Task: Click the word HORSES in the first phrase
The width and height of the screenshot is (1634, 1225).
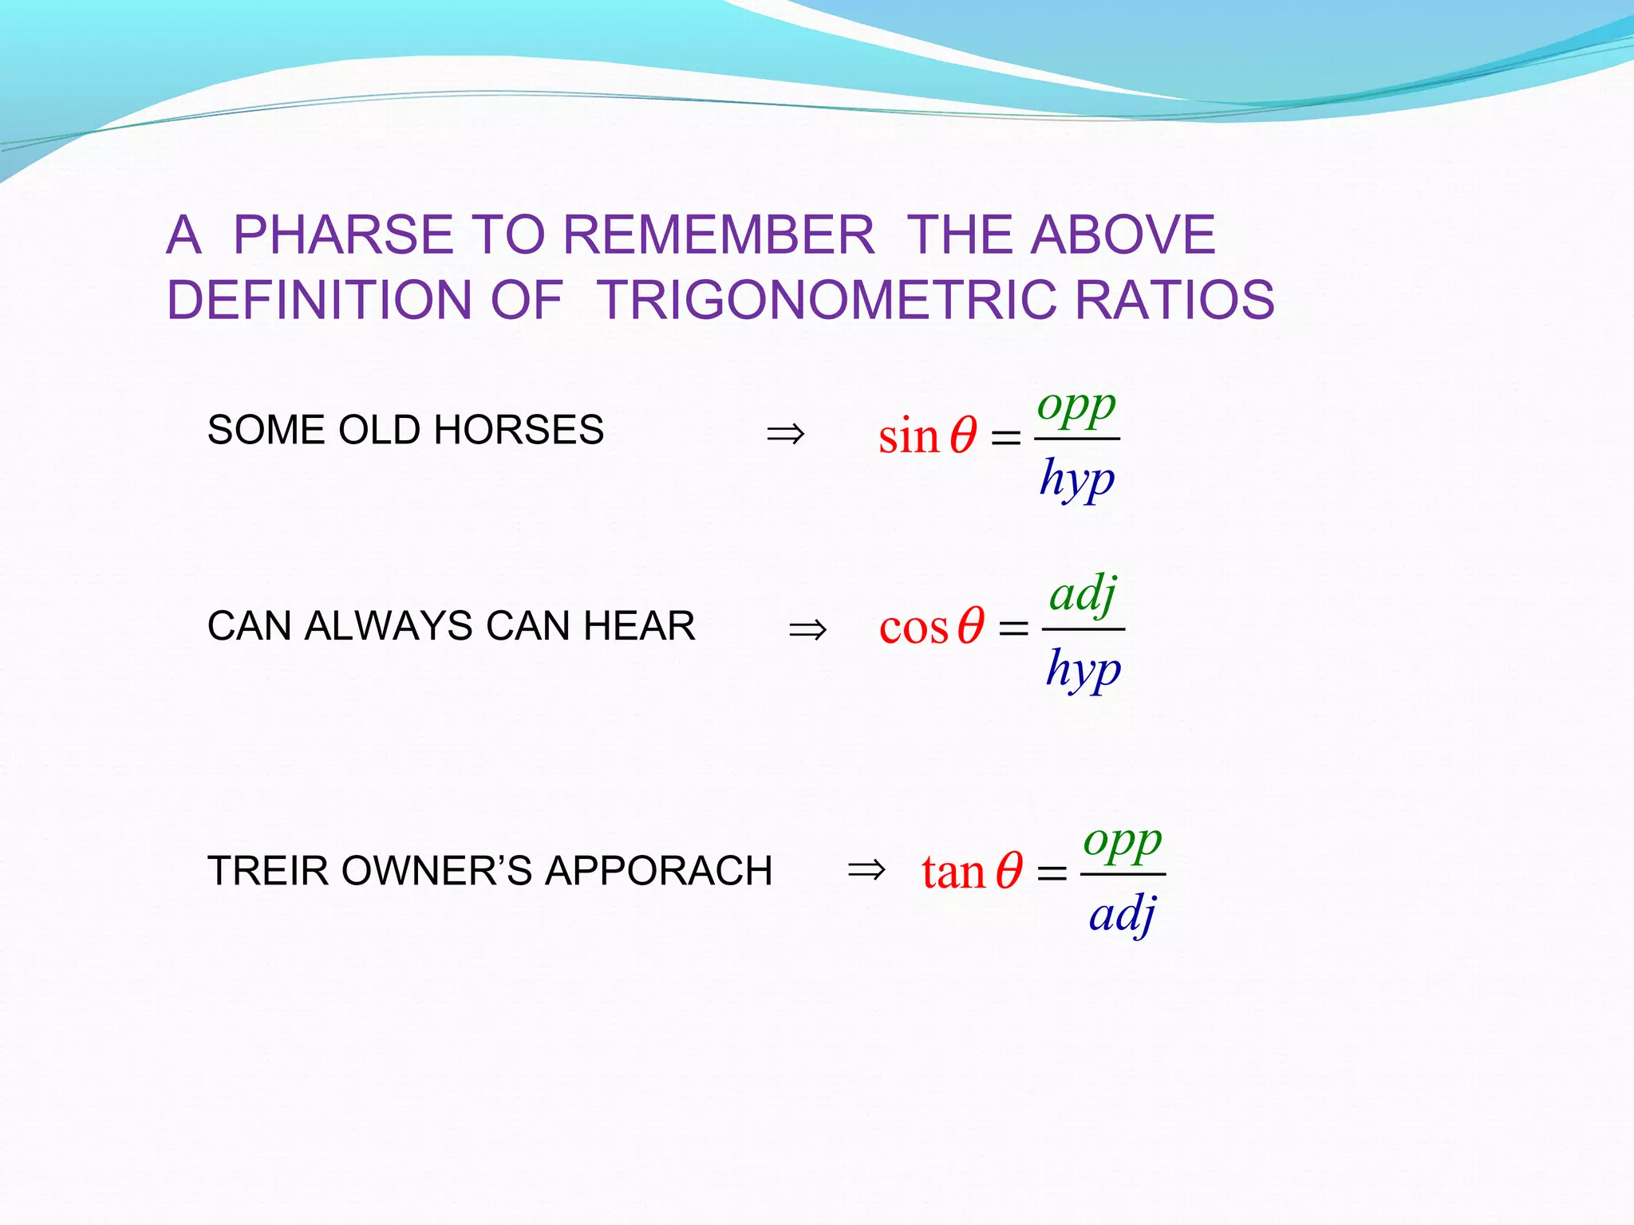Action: tap(519, 431)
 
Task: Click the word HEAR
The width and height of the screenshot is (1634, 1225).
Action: tap(639, 626)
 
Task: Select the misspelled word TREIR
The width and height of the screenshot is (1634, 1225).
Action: tap(267, 871)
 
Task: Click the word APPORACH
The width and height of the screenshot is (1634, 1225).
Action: tap(658, 871)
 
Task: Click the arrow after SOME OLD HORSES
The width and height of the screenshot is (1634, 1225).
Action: tap(785, 435)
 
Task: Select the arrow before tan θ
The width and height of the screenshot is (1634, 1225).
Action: tap(866, 869)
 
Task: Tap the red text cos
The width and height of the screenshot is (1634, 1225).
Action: tap(914, 628)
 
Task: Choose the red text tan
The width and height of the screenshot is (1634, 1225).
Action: tap(953, 872)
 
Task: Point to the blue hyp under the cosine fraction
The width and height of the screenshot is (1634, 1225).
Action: tap(1083, 670)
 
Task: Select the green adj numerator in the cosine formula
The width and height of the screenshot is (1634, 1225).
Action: tap(1083, 595)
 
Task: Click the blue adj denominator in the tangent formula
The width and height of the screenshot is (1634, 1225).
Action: tap(1123, 915)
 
